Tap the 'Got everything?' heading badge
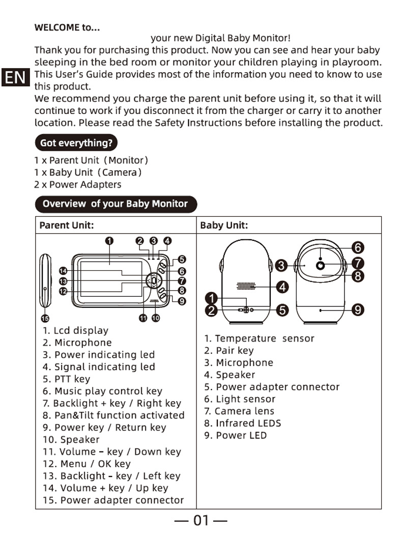click(x=76, y=143)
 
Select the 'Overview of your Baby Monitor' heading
click(x=115, y=204)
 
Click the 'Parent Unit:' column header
click(x=67, y=225)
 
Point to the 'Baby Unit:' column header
click(x=224, y=225)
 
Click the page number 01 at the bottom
click(x=201, y=520)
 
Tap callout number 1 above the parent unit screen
click(x=109, y=241)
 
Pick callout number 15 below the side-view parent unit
click(x=45, y=319)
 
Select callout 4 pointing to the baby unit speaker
click(x=283, y=287)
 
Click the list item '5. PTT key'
click(x=66, y=379)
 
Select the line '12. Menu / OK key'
click(x=87, y=464)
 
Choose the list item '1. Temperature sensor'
click(x=259, y=338)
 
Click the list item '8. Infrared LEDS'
click(x=242, y=423)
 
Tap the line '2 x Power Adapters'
click(x=77, y=184)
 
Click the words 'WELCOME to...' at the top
click(x=67, y=27)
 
